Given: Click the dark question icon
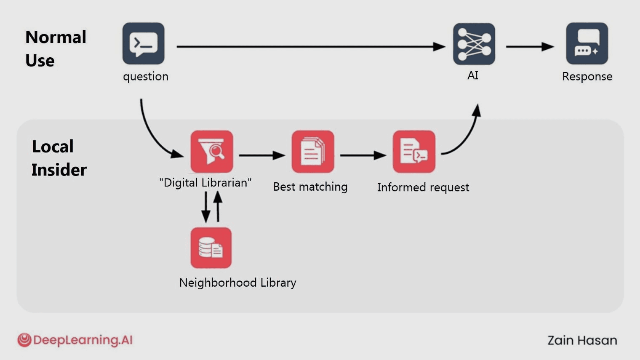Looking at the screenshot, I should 144,44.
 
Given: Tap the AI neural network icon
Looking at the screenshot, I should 474,44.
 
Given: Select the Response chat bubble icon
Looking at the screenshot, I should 587,44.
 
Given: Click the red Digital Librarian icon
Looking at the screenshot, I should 211,152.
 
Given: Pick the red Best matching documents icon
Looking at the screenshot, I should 312,152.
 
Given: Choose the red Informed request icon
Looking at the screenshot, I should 414,152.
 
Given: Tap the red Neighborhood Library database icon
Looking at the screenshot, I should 211,248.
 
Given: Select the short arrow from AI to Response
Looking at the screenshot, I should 530,47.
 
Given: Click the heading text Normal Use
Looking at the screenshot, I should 56,49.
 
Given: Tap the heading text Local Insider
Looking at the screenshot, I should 59,158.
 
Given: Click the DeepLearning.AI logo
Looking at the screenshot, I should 75,340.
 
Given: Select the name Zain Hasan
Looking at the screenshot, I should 582,340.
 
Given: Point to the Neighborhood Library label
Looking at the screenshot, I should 237,283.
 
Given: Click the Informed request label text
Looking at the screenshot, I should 423,187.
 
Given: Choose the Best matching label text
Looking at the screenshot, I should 310,187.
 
